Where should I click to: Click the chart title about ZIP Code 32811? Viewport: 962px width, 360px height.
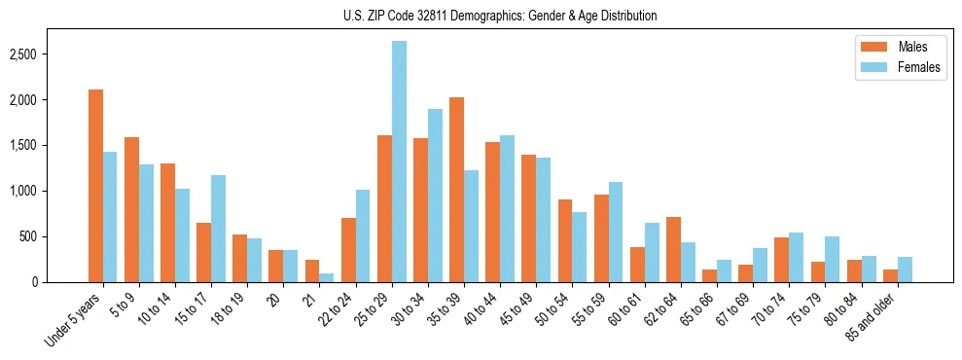[x=500, y=16]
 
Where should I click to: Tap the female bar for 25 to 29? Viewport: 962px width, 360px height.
[x=399, y=162]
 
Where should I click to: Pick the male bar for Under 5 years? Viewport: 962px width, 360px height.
[x=95, y=186]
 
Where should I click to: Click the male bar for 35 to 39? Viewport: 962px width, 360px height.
[x=456, y=190]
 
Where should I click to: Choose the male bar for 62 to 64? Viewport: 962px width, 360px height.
[x=673, y=249]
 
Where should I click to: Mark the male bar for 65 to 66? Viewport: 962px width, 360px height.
[x=709, y=275]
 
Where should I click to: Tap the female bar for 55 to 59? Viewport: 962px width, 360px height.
[x=616, y=232]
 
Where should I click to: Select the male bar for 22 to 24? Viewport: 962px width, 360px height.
[x=348, y=250]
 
